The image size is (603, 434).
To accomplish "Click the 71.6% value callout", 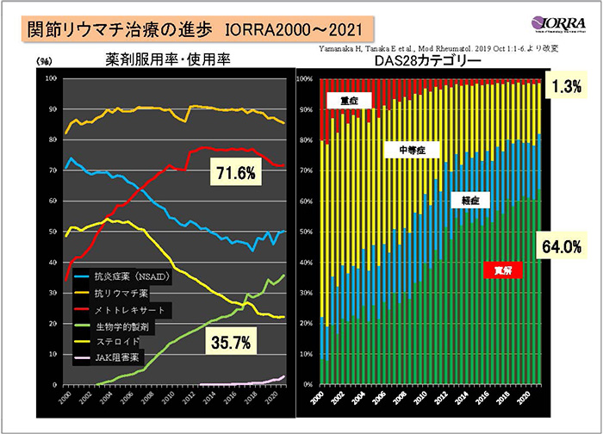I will [234, 174].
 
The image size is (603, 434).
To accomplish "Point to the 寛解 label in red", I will [495, 270].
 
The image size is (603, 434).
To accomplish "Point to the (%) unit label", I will [46, 61].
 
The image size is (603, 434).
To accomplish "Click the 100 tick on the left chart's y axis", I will [50, 78].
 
